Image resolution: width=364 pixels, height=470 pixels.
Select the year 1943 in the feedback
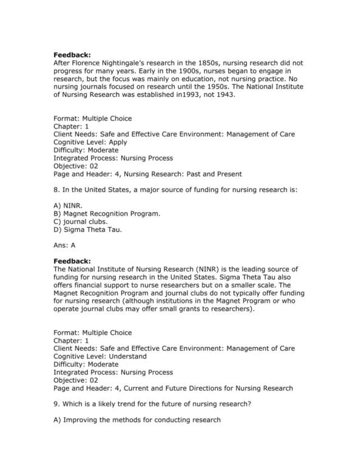coord(213,94)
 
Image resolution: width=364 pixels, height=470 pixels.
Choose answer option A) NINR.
coord(64,205)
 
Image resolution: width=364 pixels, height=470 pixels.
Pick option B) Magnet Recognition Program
coord(107,213)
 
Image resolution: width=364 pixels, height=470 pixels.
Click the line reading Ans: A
coord(64,245)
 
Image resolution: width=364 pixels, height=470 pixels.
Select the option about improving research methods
coord(137,420)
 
